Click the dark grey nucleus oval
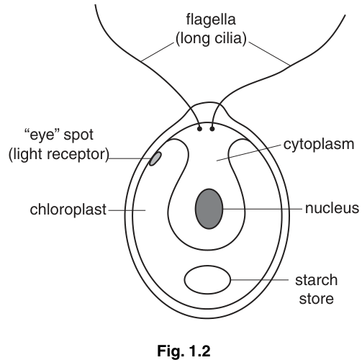point(209,209)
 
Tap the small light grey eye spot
point(155,158)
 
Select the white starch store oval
point(207,279)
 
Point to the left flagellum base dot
point(199,129)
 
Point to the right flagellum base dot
point(212,129)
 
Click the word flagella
point(211,19)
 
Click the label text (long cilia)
point(211,38)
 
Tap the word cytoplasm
point(319,145)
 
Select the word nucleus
point(332,208)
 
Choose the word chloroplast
point(68,210)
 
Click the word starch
point(316,280)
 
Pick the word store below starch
point(316,299)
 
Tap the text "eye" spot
point(59,135)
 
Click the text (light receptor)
point(59,154)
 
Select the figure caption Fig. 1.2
point(184,351)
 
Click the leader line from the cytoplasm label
point(248,153)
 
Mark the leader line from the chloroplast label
point(127,210)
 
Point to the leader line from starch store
point(260,279)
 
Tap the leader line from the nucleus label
point(263,209)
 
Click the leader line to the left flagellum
point(158,52)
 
